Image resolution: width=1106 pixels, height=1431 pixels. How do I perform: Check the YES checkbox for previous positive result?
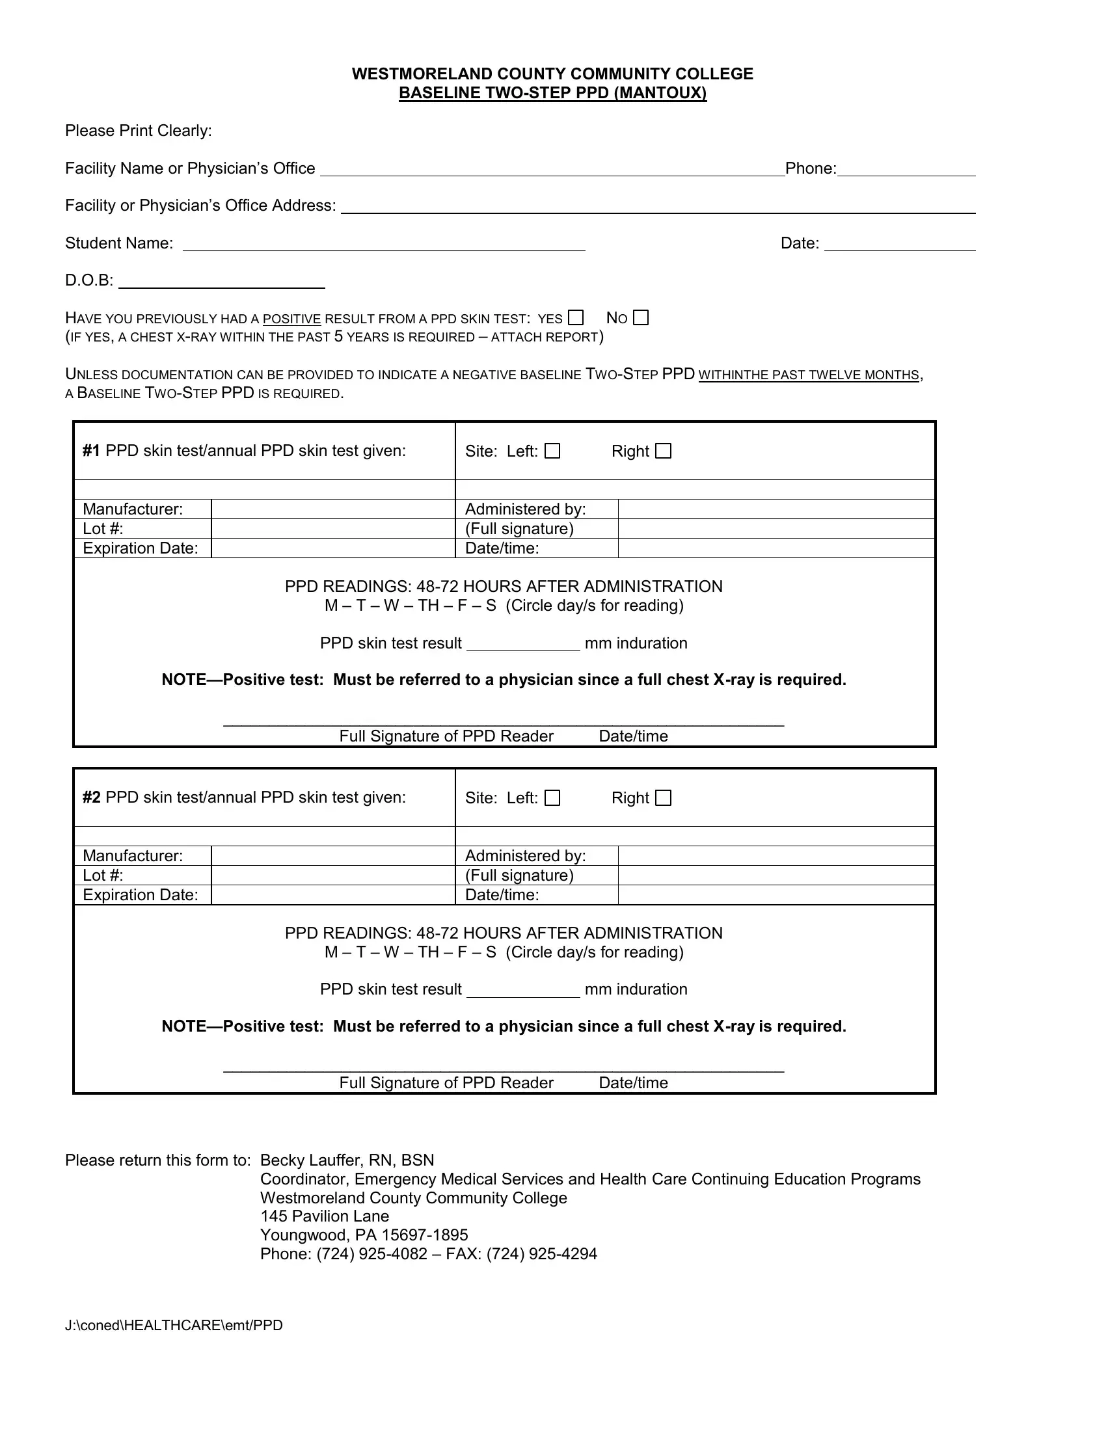coord(575,318)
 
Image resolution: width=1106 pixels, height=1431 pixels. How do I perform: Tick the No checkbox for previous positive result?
coord(641,318)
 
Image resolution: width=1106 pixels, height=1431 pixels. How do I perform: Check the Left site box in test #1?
coord(553,451)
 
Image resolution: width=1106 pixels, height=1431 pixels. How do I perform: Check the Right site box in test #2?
coord(664,797)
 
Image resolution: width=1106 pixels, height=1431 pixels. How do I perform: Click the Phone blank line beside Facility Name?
coord(906,170)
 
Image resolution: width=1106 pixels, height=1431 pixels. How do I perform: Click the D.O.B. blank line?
coord(221,283)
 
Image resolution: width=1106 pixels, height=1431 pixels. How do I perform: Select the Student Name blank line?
coord(383,245)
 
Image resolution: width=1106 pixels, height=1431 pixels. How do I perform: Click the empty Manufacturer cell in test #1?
coord(333,509)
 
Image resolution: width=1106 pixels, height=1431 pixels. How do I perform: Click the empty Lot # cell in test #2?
coord(333,876)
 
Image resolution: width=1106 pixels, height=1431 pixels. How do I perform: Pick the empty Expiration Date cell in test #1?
coord(333,548)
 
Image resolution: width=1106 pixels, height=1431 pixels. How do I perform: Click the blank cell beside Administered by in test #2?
coord(776,856)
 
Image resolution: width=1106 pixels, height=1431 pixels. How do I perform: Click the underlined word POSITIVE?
coord(291,319)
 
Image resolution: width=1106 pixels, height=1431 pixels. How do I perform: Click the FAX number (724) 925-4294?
coord(542,1254)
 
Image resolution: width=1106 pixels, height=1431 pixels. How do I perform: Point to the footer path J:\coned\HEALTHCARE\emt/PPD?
coord(174,1326)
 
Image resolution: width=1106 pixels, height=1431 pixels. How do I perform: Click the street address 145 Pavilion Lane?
coord(325,1217)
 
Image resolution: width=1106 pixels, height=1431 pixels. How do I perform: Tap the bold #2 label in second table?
coord(92,797)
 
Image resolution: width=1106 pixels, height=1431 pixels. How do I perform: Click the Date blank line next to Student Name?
coord(900,245)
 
